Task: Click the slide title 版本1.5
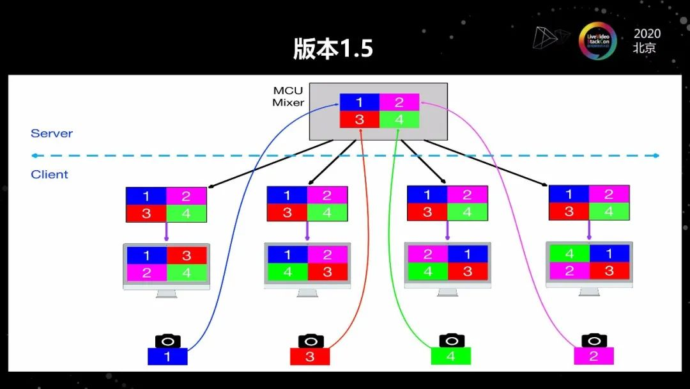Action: pyautogui.click(x=333, y=49)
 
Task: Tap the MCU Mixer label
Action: pyautogui.click(x=288, y=97)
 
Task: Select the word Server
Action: pyautogui.click(x=52, y=134)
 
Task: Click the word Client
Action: pyautogui.click(x=49, y=175)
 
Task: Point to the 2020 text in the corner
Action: pyautogui.click(x=647, y=34)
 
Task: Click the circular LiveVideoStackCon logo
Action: pyautogui.click(x=597, y=42)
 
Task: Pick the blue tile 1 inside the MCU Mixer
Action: pyautogui.click(x=359, y=102)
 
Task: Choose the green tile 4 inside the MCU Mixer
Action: pyautogui.click(x=399, y=120)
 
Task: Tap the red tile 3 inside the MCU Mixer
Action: pyautogui.click(x=359, y=120)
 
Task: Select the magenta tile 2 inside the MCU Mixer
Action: pyautogui.click(x=399, y=102)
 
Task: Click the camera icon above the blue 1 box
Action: pyautogui.click(x=167, y=341)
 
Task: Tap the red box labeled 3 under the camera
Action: pyautogui.click(x=310, y=356)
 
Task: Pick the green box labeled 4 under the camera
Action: pyautogui.click(x=451, y=356)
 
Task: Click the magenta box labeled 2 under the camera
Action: pyautogui.click(x=594, y=356)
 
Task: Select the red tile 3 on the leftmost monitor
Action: pyautogui.click(x=187, y=256)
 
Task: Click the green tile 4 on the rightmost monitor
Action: pyautogui.click(x=569, y=254)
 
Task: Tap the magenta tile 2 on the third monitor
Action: pyautogui.click(x=427, y=255)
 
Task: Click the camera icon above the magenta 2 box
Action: pyautogui.click(x=594, y=341)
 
